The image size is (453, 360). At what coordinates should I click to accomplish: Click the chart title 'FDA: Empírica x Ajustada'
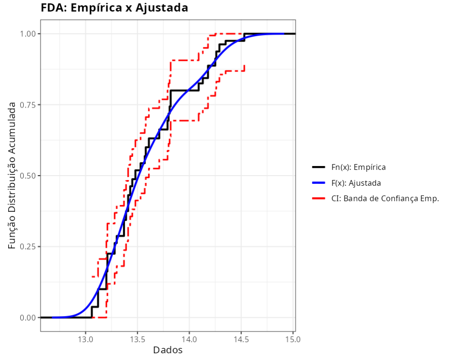coord(114,8)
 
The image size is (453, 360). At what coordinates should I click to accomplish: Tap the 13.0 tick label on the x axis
coord(85,339)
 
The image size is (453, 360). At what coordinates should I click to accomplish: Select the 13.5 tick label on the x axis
coord(137,339)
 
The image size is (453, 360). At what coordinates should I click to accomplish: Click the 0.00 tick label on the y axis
coord(28,318)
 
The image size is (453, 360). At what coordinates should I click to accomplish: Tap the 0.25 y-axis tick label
coord(28,247)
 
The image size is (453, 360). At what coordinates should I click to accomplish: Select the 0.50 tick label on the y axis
coord(28,176)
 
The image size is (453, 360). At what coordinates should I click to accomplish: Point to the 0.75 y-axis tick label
coord(28,105)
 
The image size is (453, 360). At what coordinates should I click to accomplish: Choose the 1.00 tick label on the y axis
coord(28,34)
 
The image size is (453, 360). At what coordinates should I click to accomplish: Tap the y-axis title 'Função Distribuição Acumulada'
coord(12,176)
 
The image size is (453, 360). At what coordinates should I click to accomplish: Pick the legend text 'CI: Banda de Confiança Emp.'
coord(385,198)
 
